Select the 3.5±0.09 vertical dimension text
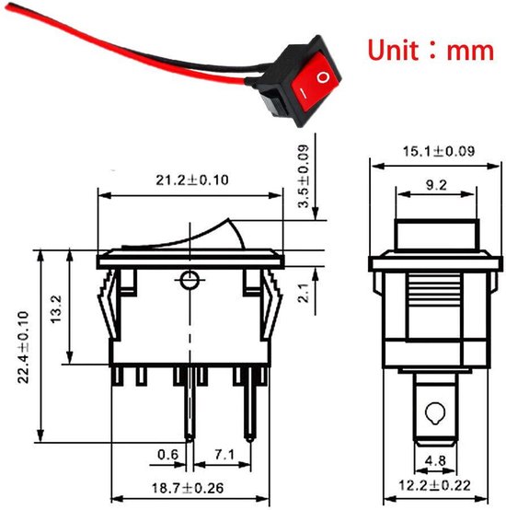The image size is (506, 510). pyautogui.click(x=303, y=181)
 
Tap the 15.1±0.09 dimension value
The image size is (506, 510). pyautogui.click(x=429, y=150)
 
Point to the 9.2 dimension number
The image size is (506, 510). pyautogui.click(x=436, y=184)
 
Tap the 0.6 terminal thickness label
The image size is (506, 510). pyautogui.click(x=167, y=453)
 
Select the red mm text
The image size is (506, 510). pyautogui.click(x=470, y=51)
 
